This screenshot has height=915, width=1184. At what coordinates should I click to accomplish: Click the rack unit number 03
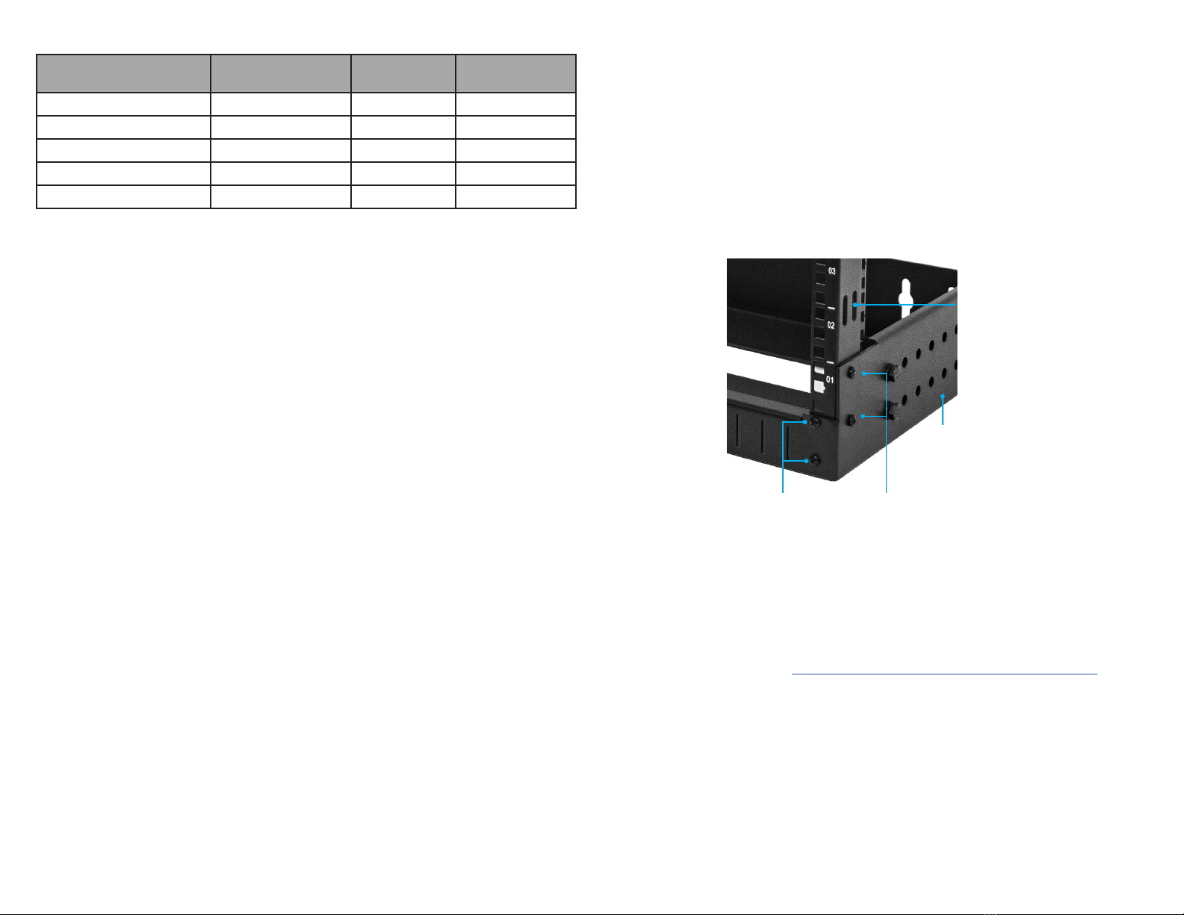pyautogui.click(x=832, y=271)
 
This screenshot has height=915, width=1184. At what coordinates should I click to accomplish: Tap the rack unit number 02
pyautogui.click(x=831, y=326)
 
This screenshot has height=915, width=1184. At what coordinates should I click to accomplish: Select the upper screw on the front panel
pyautogui.click(x=816, y=423)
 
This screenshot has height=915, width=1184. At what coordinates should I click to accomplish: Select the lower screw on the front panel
pyautogui.click(x=816, y=461)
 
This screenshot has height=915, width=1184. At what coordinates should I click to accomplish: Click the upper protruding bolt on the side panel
pyautogui.click(x=891, y=371)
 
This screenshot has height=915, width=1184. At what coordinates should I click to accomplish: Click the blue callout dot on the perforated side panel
pyautogui.click(x=943, y=396)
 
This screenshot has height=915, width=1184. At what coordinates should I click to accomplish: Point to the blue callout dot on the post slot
pyautogui.click(x=856, y=305)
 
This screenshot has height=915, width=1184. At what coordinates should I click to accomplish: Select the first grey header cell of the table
pyautogui.click(x=123, y=73)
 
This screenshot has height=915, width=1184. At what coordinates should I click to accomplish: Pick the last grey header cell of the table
pyautogui.click(x=515, y=73)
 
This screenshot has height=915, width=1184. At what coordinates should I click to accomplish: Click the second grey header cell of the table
pyautogui.click(x=280, y=73)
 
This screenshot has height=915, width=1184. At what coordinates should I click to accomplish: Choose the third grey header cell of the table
pyautogui.click(x=403, y=73)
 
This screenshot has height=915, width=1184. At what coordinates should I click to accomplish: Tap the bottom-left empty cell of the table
pyautogui.click(x=123, y=196)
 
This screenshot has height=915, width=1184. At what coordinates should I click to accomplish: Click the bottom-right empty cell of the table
pyautogui.click(x=515, y=196)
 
